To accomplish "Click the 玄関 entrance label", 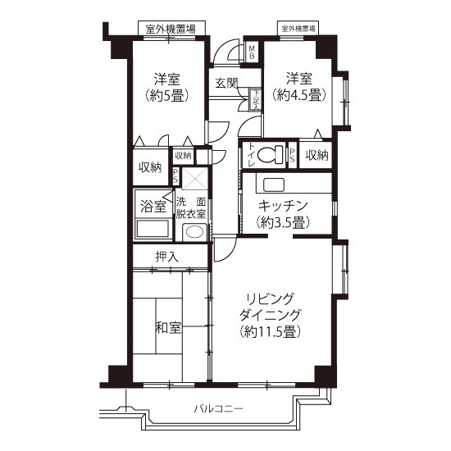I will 227,83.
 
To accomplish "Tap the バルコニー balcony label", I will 219,408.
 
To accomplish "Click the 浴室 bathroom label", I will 152,205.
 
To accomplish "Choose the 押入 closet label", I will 167,257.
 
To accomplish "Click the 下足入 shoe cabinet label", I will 256,99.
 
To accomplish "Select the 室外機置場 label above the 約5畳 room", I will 170,30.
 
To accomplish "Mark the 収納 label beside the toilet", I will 317,154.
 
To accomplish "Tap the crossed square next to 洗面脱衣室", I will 194,179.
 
